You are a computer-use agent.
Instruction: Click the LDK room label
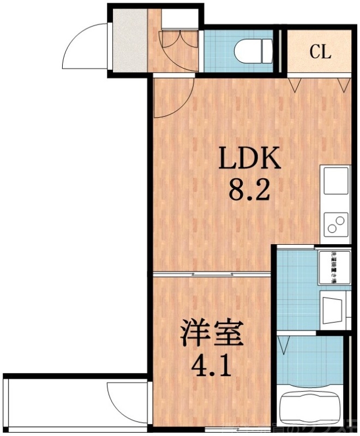(250, 159)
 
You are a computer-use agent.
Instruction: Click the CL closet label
(320, 52)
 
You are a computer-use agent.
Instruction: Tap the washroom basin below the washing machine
(333, 309)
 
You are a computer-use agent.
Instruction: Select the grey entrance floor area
(129, 41)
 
